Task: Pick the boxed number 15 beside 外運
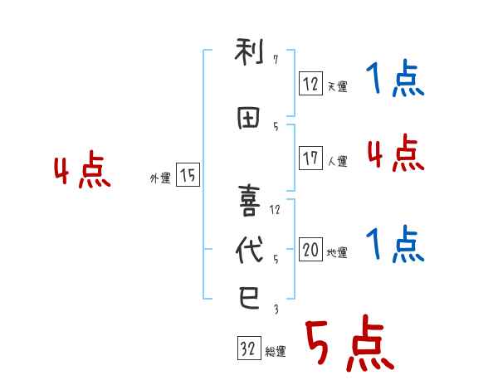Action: click(x=188, y=175)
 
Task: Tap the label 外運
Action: click(x=159, y=178)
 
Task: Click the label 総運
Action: click(x=275, y=352)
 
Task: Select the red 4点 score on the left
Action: click(x=82, y=171)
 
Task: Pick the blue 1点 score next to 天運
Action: click(x=394, y=80)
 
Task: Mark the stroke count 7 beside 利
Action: click(x=275, y=60)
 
